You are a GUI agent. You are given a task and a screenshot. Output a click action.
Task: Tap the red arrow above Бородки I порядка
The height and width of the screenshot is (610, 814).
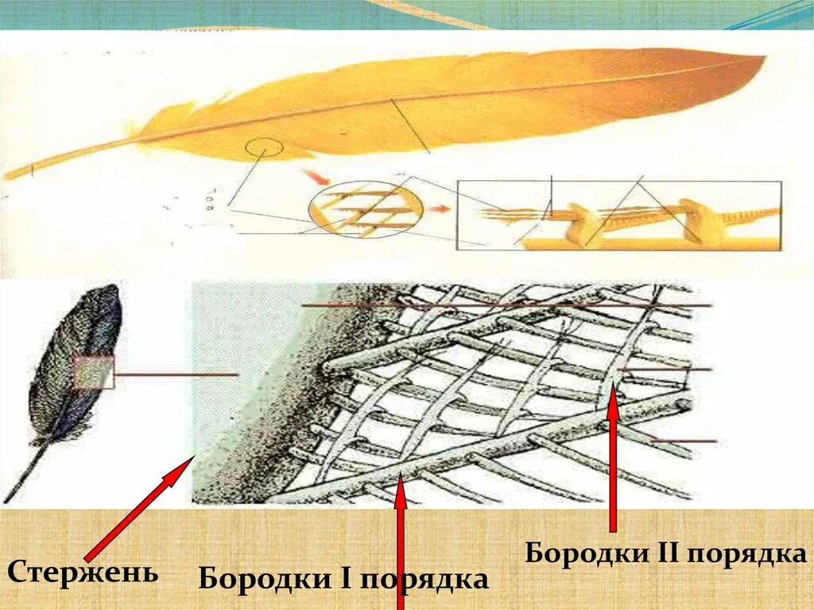click(401, 541)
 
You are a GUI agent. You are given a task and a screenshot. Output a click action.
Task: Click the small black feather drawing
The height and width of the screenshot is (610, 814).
click(76, 366)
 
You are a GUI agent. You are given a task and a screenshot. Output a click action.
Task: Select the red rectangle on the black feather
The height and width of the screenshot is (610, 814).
click(95, 372)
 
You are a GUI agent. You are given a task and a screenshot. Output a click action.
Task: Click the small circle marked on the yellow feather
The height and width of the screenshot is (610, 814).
click(264, 149)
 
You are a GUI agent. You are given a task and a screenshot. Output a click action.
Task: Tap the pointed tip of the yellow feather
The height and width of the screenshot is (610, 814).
click(759, 60)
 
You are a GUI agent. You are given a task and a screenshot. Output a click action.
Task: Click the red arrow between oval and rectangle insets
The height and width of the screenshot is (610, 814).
click(437, 211)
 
